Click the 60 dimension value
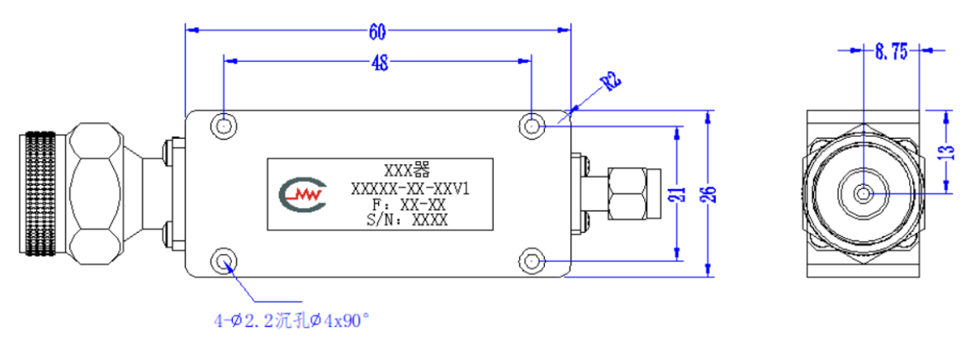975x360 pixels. [x=377, y=31]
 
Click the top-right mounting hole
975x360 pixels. [x=531, y=126]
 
